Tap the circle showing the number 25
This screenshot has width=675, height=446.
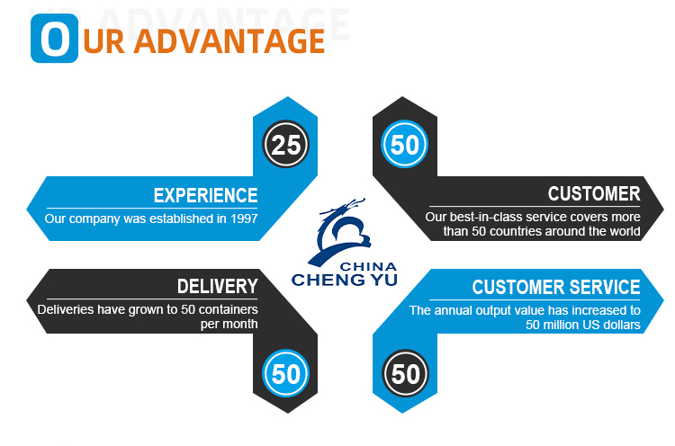[x=285, y=145]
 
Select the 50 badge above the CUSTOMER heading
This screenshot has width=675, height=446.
[x=405, y=145]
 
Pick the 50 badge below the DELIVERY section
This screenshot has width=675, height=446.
[x=285, y=373]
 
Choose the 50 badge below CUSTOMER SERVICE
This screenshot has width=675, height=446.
[x=405, y=373]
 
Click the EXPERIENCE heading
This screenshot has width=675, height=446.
[x=205, y=195]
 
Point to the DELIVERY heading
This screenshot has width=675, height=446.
[x=217, y=287]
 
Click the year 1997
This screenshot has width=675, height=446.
[x=242, y=219]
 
